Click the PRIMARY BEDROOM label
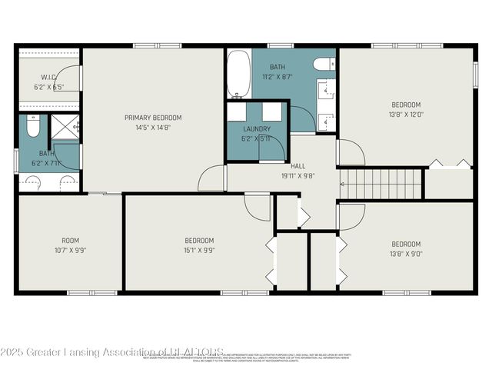pos(153,118)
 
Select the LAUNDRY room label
pos(255,128)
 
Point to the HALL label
pos(298,165)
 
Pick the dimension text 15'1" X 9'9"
pos(198,250)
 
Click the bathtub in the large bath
pos(238,74)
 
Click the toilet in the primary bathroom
pos(33,125)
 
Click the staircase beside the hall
pos(381,184)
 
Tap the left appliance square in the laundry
pos(237,111)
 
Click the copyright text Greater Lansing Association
pos(111,352)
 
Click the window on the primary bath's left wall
pos(16,160)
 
